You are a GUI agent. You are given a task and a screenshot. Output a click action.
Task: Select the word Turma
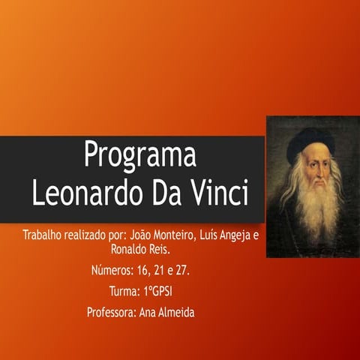pos(124,290)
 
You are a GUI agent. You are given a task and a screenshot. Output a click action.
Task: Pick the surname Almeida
pos(173,312)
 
